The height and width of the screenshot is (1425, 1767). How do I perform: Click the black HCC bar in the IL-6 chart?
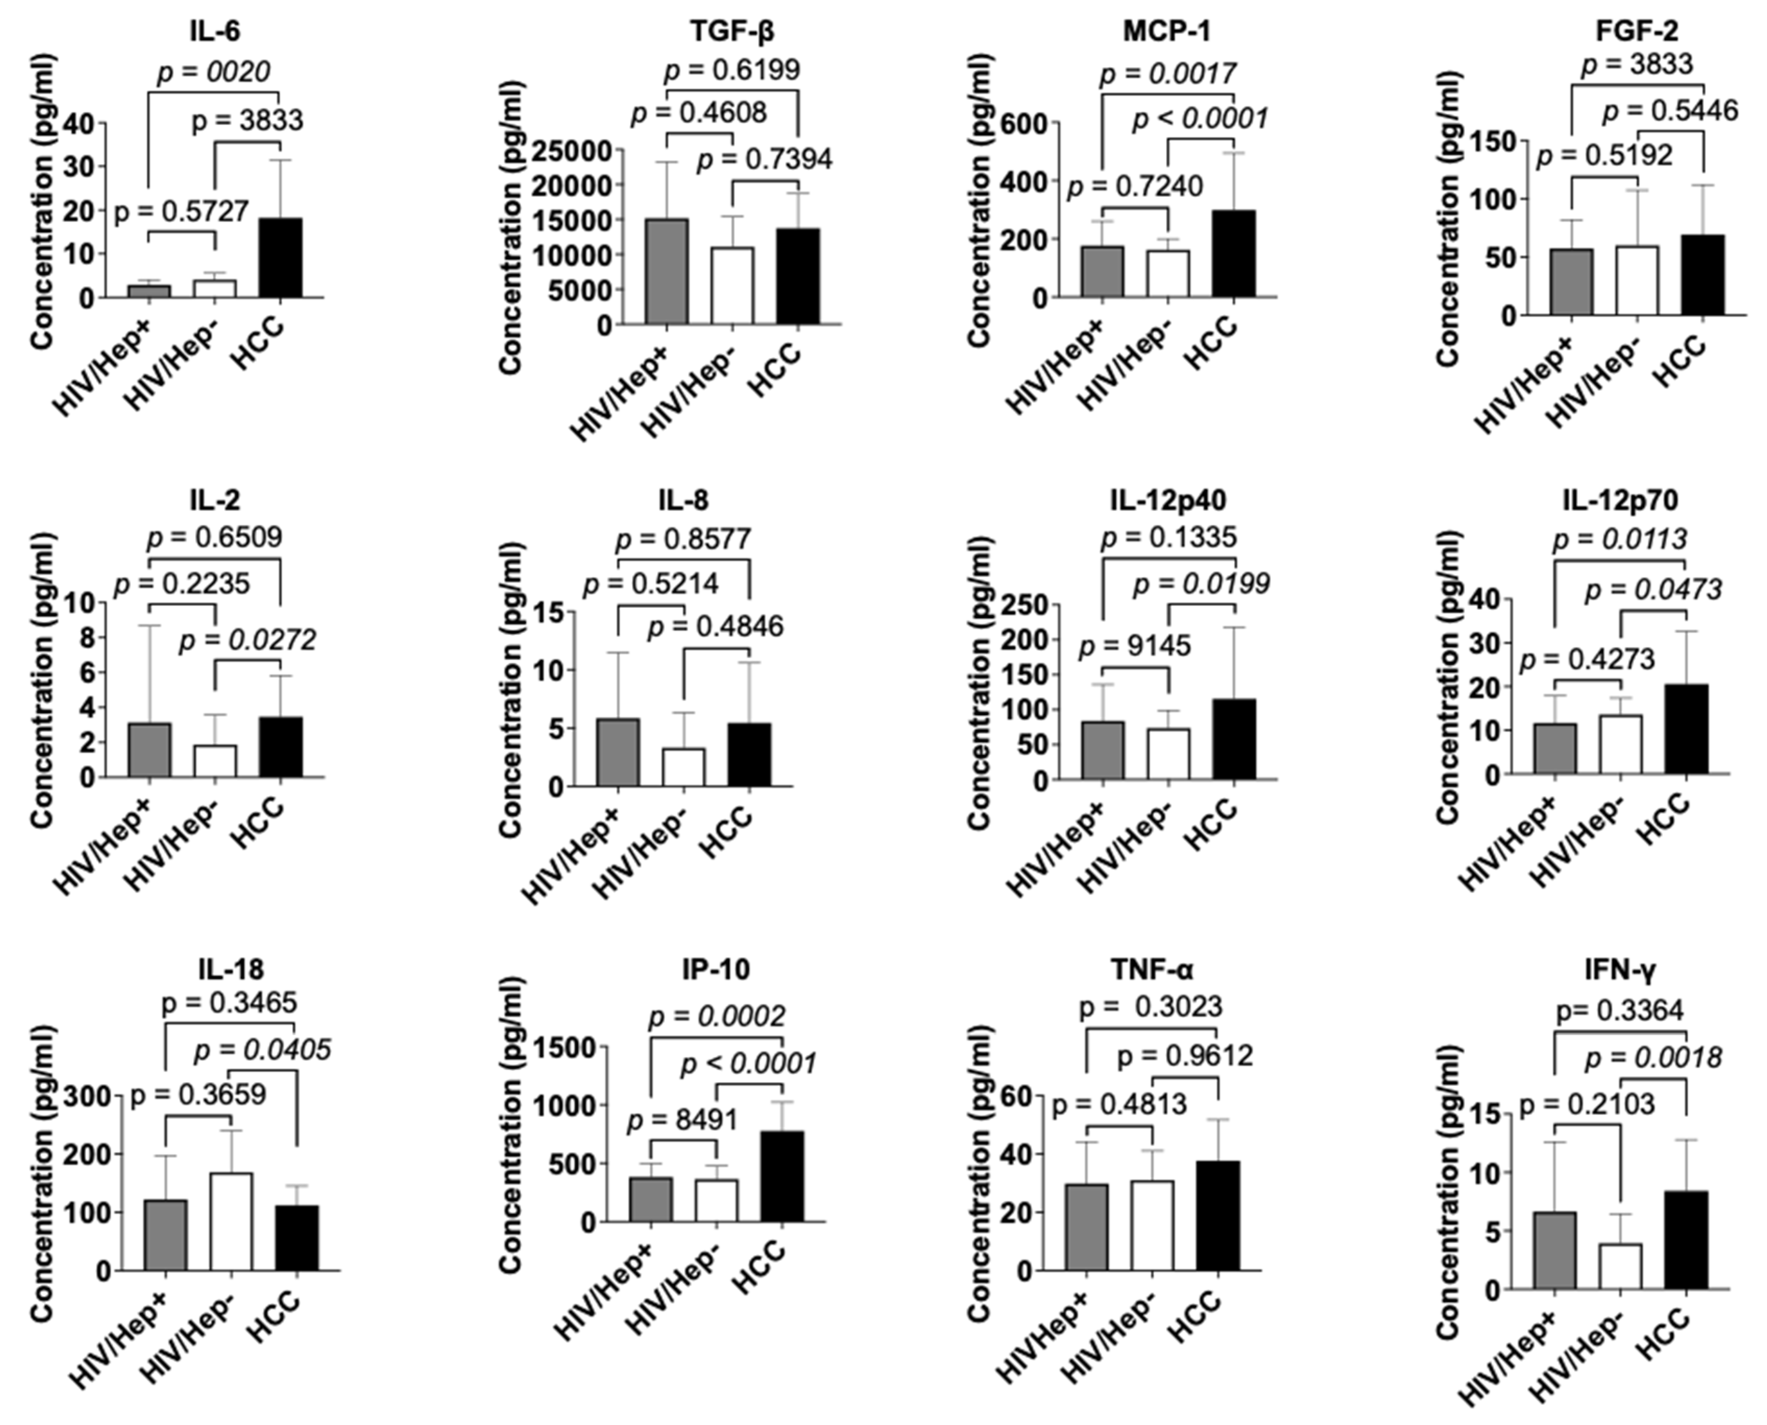(281, 258)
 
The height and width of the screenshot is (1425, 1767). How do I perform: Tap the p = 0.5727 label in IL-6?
(182, 212)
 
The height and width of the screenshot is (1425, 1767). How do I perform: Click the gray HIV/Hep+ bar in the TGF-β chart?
(667, 271)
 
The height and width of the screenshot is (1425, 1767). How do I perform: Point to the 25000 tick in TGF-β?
(572, 150)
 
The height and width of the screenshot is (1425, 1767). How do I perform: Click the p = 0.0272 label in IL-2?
(247, 640)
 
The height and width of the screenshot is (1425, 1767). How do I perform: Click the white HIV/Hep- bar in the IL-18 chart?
(231, 1222)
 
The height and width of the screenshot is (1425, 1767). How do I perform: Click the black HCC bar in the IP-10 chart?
(782, 1176)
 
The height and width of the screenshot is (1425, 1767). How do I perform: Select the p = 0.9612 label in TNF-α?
(1185, 1056)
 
